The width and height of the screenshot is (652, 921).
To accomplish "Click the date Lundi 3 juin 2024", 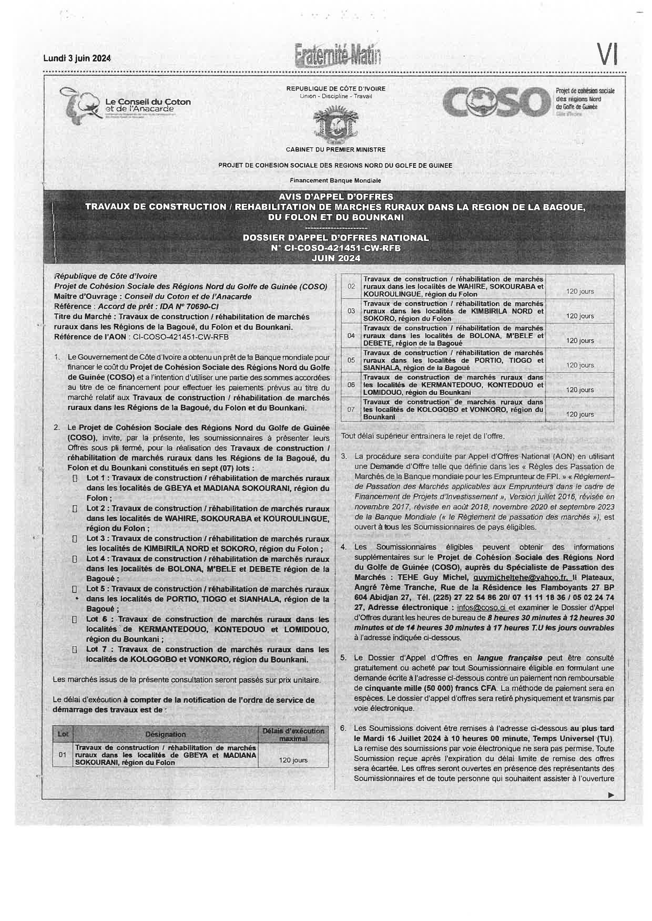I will coord(77,58).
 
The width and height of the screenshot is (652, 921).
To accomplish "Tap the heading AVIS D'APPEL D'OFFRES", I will coord(336,196).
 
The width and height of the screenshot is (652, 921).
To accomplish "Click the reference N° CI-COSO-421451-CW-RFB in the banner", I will coord(336,248).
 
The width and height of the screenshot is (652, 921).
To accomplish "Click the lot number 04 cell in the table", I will coord(351,335).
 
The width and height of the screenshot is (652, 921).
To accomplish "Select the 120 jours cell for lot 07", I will coord(580,414).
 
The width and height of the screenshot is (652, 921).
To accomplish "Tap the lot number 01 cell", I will coord(63,754).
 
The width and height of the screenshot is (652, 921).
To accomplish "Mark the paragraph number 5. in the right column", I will coord(344,658).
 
